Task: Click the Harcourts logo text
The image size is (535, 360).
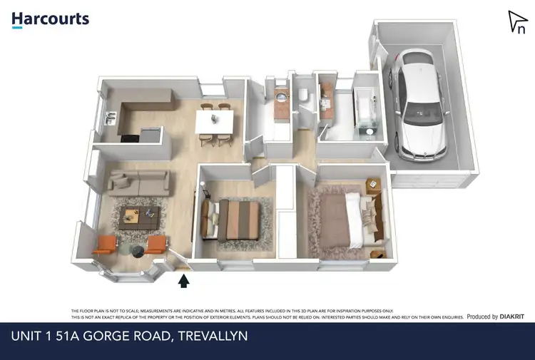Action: click(x=50, y=19)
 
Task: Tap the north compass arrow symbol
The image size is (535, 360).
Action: click(x=516, y=22)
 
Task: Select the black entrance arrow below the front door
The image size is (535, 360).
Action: click(x=183, y=281)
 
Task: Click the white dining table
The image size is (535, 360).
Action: click(x=214, y=121)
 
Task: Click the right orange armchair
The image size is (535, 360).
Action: click(x=156, y=245)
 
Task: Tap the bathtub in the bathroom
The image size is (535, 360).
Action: click(x=368, y=107)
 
